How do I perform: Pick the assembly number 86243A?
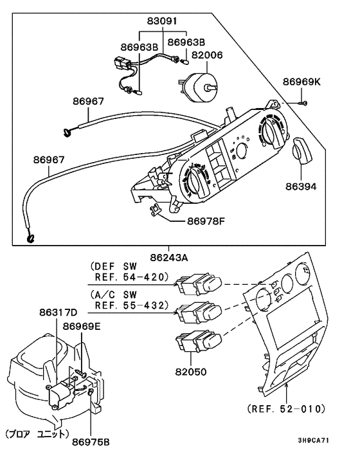pos(169,257)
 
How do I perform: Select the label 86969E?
pos(82,326)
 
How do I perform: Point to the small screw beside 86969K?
pos(303,102)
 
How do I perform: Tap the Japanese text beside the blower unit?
pos(36,433)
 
